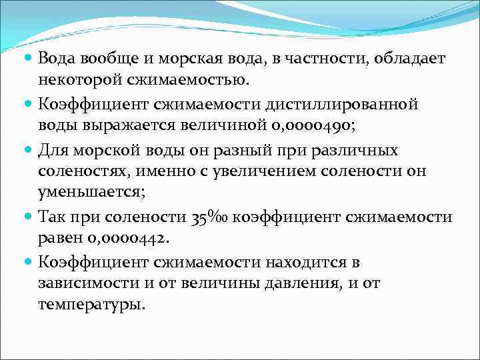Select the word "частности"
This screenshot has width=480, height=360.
[312, 59]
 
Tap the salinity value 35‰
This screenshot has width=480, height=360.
[209, 217]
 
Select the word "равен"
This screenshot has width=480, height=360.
[59, 239]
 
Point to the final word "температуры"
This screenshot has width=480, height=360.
[91, 307]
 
